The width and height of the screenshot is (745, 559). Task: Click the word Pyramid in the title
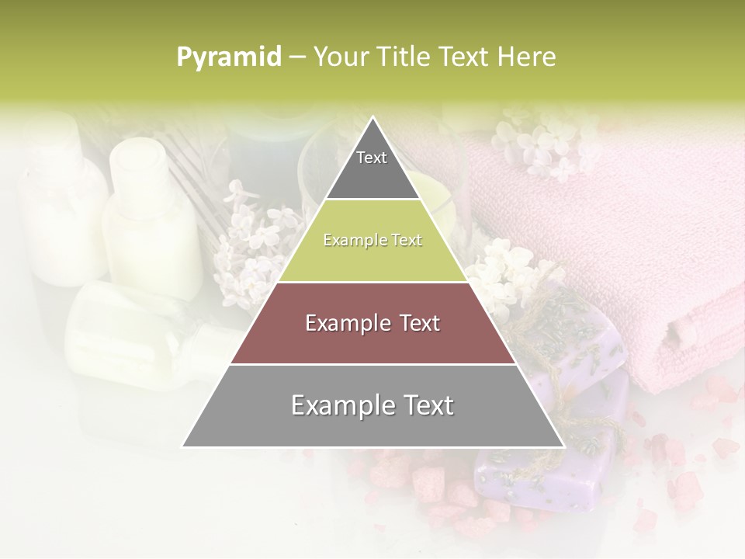tap(229, 57)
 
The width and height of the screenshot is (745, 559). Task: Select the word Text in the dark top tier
tap(372, 158)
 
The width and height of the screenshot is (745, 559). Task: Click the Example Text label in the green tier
tap(372, 240)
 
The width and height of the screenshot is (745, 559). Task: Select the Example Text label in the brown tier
tap(372, 323)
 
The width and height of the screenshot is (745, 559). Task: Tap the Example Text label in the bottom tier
tap(372, 405)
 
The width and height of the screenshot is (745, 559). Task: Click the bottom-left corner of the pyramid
tap(183, 446)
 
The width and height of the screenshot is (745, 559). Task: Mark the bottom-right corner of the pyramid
tap(563, 446)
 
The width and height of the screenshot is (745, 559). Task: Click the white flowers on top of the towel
tap(543, 140)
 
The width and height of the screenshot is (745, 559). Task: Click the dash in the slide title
tap(297, 57)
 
